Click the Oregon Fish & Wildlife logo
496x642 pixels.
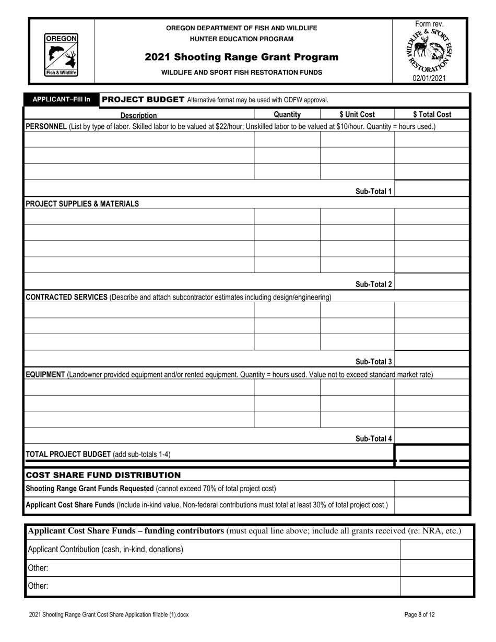point(61,55)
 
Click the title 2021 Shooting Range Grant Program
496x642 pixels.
point(241,57)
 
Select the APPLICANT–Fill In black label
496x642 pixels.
point(62,99)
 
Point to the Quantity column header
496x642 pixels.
point(287,114)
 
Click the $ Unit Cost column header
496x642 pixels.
point(357,114)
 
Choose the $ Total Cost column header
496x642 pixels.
point(432,114)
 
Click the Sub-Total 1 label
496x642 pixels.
point(373,191)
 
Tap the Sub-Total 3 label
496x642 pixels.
point(373,362)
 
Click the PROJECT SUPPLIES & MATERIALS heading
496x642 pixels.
point(82,204)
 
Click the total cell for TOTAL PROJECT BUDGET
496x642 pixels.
point(432,453)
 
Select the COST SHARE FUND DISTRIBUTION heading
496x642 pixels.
point(103,475)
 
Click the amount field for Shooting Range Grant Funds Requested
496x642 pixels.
point(432,489)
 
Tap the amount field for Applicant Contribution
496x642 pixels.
point(436,549)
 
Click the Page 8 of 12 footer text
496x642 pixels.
point(419,615)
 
